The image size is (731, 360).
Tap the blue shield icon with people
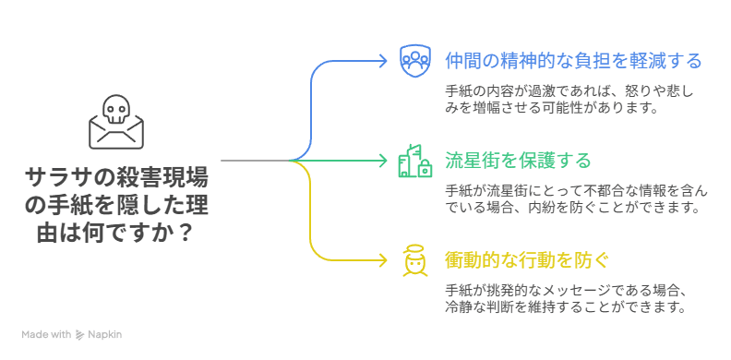(x=415, y=60)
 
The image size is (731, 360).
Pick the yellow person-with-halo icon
(x=414, y=260)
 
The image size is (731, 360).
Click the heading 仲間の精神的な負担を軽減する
(x=573, y=61)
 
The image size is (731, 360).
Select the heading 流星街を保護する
(x=518, y=161)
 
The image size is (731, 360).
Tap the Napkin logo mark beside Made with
(x=81, y=334)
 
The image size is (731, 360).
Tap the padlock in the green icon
(x=425, y=169)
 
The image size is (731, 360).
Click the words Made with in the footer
(x=47, y=334)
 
